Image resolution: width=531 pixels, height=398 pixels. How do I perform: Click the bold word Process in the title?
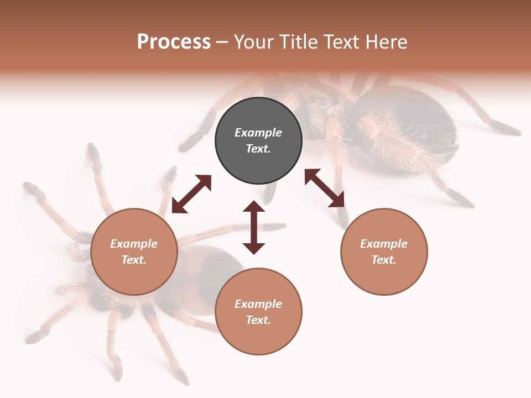click(174, 42)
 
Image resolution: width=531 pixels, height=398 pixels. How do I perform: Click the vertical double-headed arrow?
click(254, 227)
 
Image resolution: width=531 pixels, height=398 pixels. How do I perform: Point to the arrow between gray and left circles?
click(191, 194)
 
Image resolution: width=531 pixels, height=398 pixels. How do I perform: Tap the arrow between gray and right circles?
click(325, 188)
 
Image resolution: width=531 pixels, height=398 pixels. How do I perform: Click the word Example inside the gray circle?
click(258, 133)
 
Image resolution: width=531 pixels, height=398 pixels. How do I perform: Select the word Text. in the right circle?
click(384, 260)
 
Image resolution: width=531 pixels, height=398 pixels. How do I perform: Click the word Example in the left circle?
click(134, 244)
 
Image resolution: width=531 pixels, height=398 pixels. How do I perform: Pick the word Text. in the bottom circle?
click(258, 320)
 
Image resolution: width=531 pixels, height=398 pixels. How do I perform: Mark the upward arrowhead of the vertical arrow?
click(254, 207)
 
